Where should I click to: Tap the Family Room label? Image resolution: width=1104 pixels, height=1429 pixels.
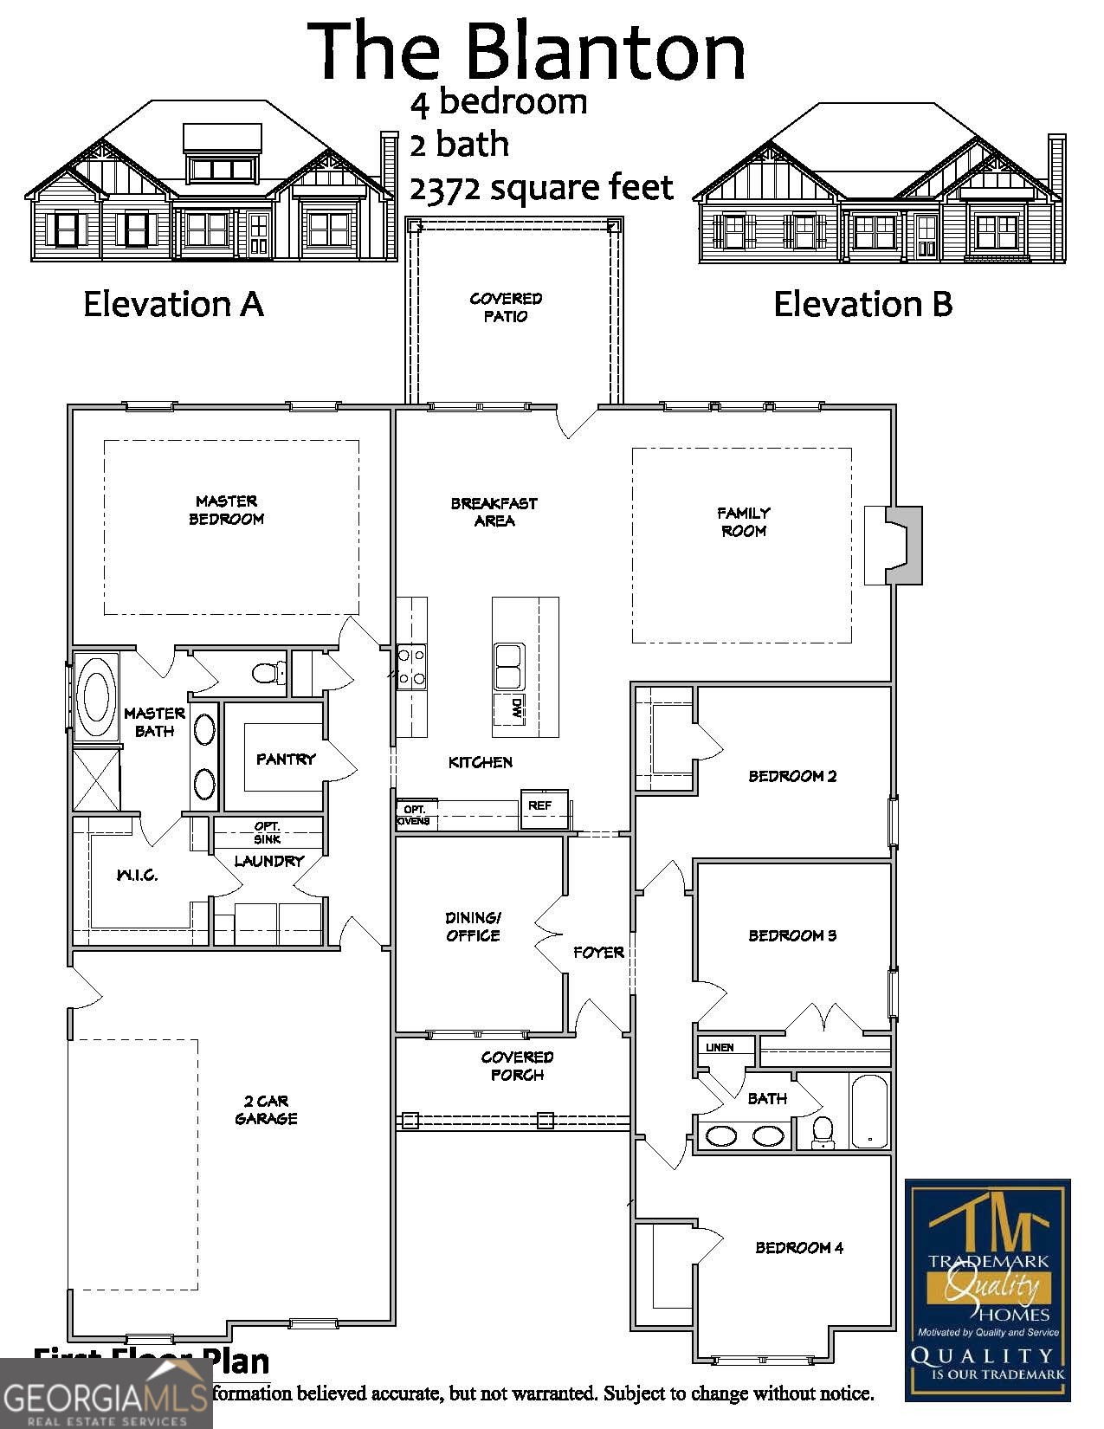[744, 522]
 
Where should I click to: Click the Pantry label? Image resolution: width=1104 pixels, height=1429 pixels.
[286, 759]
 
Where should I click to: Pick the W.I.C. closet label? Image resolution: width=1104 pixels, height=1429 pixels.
[138, 875]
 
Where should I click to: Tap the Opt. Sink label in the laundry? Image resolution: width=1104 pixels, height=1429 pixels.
[268, 832]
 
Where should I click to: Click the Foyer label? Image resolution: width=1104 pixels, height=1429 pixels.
[598, 953]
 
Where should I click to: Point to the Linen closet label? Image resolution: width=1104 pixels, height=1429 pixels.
[720, 1047]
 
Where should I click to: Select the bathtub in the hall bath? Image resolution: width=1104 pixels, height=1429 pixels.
[869, 1111]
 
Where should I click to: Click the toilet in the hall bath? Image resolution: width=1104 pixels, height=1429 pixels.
[823, 1131]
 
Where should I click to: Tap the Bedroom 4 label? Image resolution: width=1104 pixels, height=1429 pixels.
[799, 1248]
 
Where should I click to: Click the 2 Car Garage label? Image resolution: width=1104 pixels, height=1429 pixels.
[267, 1109]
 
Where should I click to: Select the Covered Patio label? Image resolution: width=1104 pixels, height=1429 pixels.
[506, 307]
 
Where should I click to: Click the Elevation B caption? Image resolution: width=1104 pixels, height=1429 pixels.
[862, 304]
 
